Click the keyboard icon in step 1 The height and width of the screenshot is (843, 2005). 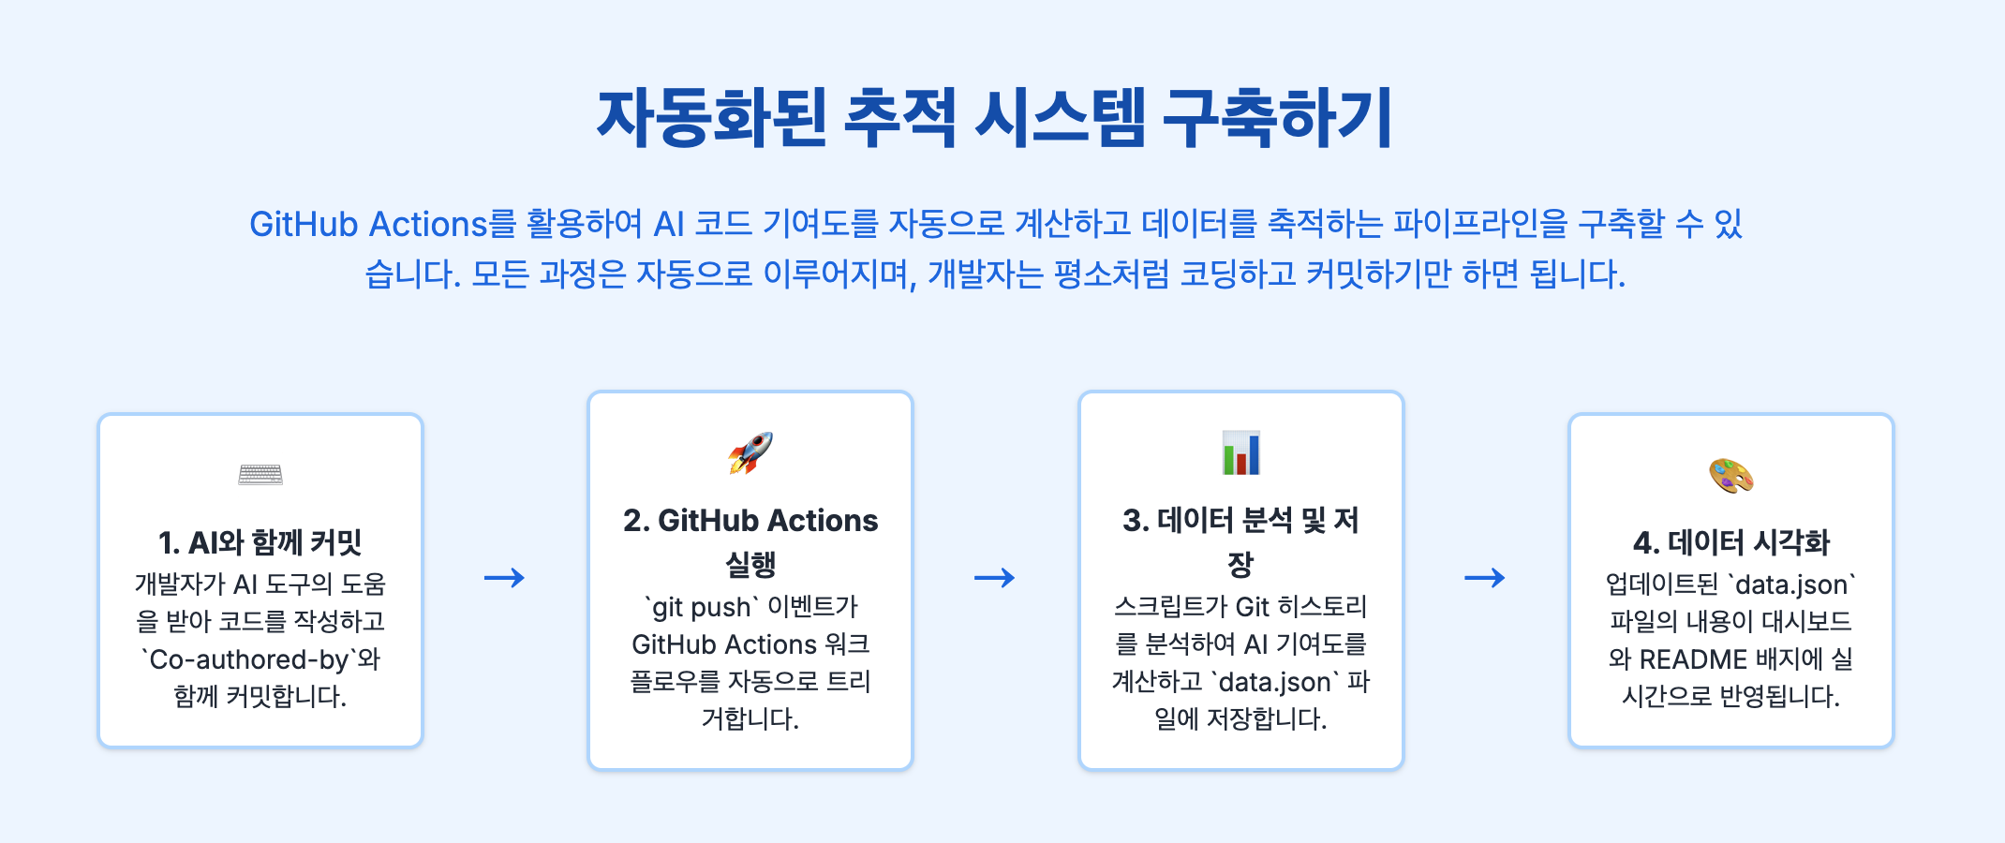(x=260, y=475)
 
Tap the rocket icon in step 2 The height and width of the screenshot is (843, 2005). (x=750, y=452)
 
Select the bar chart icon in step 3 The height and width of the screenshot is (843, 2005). (x=1240, y=452)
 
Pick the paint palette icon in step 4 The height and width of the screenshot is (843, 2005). (x=1730, y=475)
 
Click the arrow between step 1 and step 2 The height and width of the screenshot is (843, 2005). (x=505, y=578)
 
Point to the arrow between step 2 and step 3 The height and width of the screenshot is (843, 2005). (x=995, y=578)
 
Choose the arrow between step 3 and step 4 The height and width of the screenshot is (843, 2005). (x=1485, y=578)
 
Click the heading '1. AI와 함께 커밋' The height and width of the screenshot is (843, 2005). (x=260, y=542)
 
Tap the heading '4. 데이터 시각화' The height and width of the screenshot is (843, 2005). (x=1730, y=542)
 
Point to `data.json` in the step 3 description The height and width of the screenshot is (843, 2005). (x=1273, y=682)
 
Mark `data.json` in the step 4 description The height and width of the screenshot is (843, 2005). (x=1790, y=584)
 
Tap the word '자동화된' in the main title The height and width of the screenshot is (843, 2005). (x=711, y=119)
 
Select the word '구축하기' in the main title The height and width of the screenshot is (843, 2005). (x=1277, y=119)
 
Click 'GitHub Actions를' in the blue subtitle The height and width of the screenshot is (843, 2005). (x=382, y=225)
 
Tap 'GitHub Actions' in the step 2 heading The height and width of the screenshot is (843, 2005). (x=767, y=521)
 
